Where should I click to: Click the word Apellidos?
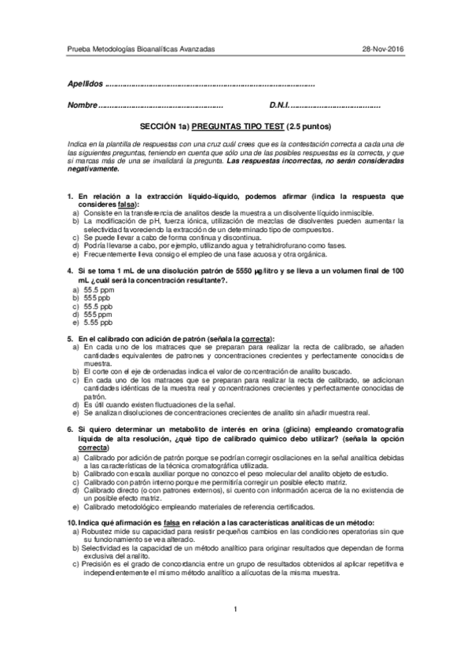[85, 83]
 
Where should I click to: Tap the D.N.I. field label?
[280, 105]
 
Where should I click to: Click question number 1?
[71, 194]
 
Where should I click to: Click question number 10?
[72, 523]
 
